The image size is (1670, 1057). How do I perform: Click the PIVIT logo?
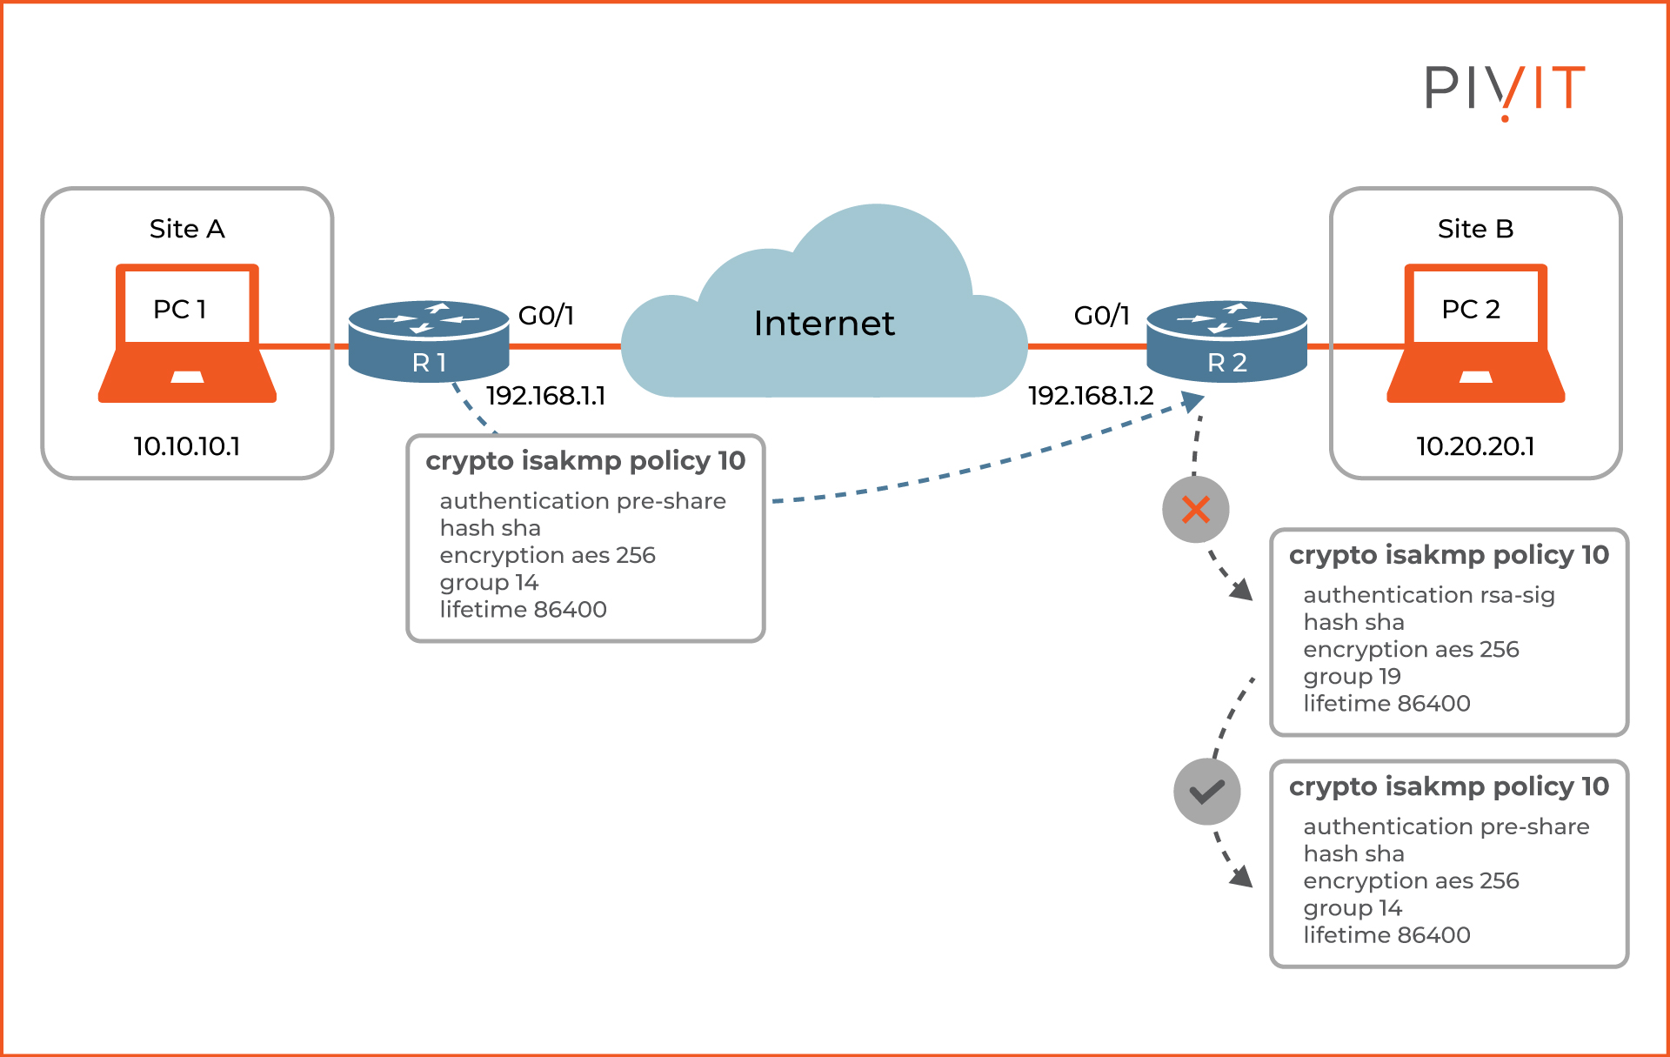click(x=1504, y=89)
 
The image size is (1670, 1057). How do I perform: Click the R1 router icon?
click(x=428, y=341)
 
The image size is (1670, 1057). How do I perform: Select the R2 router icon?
click(x=1226, y=341)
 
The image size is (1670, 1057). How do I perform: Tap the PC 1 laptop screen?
click(x=187, y=307)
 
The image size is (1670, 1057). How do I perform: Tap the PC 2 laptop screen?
click(x=1475, y=307)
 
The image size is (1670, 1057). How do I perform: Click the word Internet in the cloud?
click(x=824, y=324)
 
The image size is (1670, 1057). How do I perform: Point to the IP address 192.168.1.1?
click(x=545, y=396)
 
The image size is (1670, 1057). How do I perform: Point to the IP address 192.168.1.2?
click(x=1090, y=396)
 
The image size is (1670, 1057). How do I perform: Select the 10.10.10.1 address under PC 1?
click(x=186, y=446)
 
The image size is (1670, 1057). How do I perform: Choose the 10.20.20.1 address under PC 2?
click(x=1475, y=446)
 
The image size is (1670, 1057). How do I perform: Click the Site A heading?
click(x=187, y=229)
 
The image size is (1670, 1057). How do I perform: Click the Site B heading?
click(x=1475, y=229)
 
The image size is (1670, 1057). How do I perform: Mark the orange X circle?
click(x=1196, y=510)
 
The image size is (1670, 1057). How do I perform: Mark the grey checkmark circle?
click(x=1207, y=792)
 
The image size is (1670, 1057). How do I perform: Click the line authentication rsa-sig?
click(x=1428, y=595)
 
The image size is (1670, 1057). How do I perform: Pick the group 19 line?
click(x=1352, y=676)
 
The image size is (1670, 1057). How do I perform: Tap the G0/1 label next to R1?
click(x=545, y=315)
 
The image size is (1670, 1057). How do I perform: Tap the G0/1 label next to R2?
click(x=1101, y=315)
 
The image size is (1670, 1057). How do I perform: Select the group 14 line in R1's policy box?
click(x=489, y=582)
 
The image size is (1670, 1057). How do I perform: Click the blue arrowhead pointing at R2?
click(x=1192, y=402)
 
